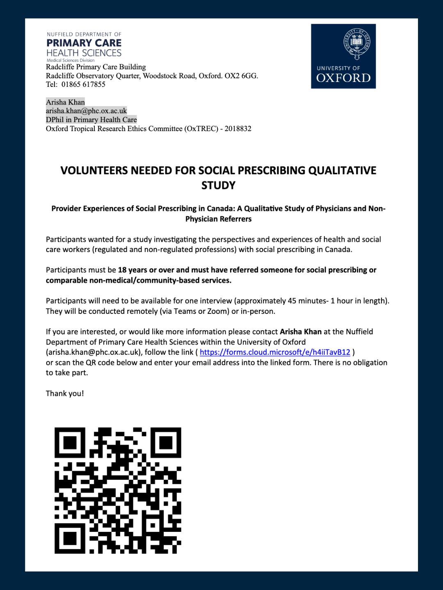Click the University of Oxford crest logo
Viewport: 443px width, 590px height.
tap(356, 44)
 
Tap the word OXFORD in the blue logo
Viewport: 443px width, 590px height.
tap(343, 78)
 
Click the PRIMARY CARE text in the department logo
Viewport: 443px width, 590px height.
tap(84, 43)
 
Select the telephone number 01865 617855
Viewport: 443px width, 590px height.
tap(83, 84)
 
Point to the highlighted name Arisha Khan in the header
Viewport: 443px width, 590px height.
tap(65, 102)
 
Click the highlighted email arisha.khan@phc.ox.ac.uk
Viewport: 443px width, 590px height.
tap(86, 111)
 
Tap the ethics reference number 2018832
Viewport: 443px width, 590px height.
tap(238, 129)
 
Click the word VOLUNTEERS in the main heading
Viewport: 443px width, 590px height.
tap(94, 170)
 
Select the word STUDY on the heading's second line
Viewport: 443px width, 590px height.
tap(218, 186)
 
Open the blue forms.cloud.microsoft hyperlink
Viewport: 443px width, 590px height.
tap(275, 352)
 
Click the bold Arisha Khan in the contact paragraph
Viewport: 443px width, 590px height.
tap(300, 331)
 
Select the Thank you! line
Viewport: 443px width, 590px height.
tap(65, 393)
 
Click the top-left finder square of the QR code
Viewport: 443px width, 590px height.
tap(70, 443)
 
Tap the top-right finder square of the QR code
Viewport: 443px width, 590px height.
tap(166, 443)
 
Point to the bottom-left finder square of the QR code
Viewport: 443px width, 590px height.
tap(70, 538)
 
